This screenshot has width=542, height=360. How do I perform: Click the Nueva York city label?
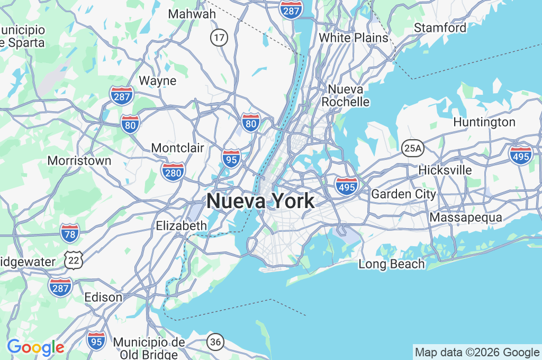point(260,201)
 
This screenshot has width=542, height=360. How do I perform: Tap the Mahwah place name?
point(192,14)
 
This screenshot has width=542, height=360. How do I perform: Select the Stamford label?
point(440,28)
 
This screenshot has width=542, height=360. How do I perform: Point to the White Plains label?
point(353,38)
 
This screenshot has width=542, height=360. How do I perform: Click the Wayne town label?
point(157,80)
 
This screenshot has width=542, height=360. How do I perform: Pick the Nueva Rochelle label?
point(346,95)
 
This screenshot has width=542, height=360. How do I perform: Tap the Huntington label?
point(484,122)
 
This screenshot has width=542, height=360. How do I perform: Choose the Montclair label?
point(177,148)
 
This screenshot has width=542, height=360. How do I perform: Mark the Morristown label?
point(79,160)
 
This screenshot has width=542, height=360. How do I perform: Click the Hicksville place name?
point(445,170)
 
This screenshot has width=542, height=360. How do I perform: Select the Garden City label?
point(403,194)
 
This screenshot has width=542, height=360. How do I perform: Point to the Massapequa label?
point(465,218)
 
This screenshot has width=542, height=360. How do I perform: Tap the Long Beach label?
point(392,264)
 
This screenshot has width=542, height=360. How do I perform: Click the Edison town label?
point(103,297)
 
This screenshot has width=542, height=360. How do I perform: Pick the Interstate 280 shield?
point(173,172)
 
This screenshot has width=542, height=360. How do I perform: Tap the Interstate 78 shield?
point(70,232)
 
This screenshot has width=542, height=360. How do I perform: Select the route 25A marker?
point(412,149)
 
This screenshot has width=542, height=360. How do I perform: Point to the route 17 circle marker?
point(218,38)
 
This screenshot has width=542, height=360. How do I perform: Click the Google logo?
point(35,347)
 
